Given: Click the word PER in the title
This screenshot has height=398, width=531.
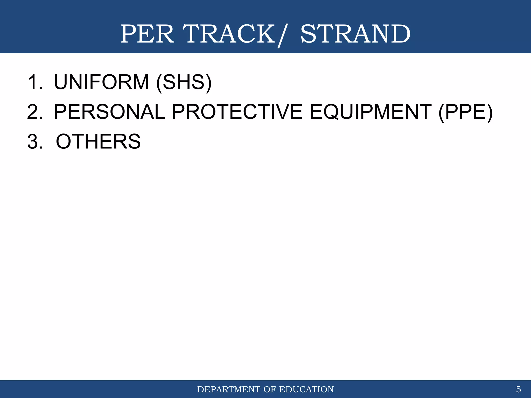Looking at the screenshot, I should [x=147, y=34].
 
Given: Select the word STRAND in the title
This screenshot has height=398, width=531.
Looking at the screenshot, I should [x=355, y=34].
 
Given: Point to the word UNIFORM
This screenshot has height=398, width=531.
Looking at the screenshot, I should [x=101, y=82].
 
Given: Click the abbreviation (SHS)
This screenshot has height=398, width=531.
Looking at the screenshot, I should [x=184, y=83].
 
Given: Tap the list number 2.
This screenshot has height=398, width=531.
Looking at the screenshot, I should [x=35, y=112].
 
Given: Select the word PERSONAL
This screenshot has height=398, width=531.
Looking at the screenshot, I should [x=109, y=112].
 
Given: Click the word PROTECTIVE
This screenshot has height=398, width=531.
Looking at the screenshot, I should [x=237, y=112].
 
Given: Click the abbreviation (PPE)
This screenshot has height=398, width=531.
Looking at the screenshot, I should [x=465, y=112].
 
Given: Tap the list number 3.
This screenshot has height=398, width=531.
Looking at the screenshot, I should [x=35, y=142].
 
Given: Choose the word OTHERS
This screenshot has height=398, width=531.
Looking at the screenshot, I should [x=98, y=142].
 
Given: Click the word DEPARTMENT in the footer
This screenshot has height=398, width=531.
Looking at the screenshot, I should [x=229, y=389].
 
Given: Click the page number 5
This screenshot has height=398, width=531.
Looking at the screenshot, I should [x=518, y=389].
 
